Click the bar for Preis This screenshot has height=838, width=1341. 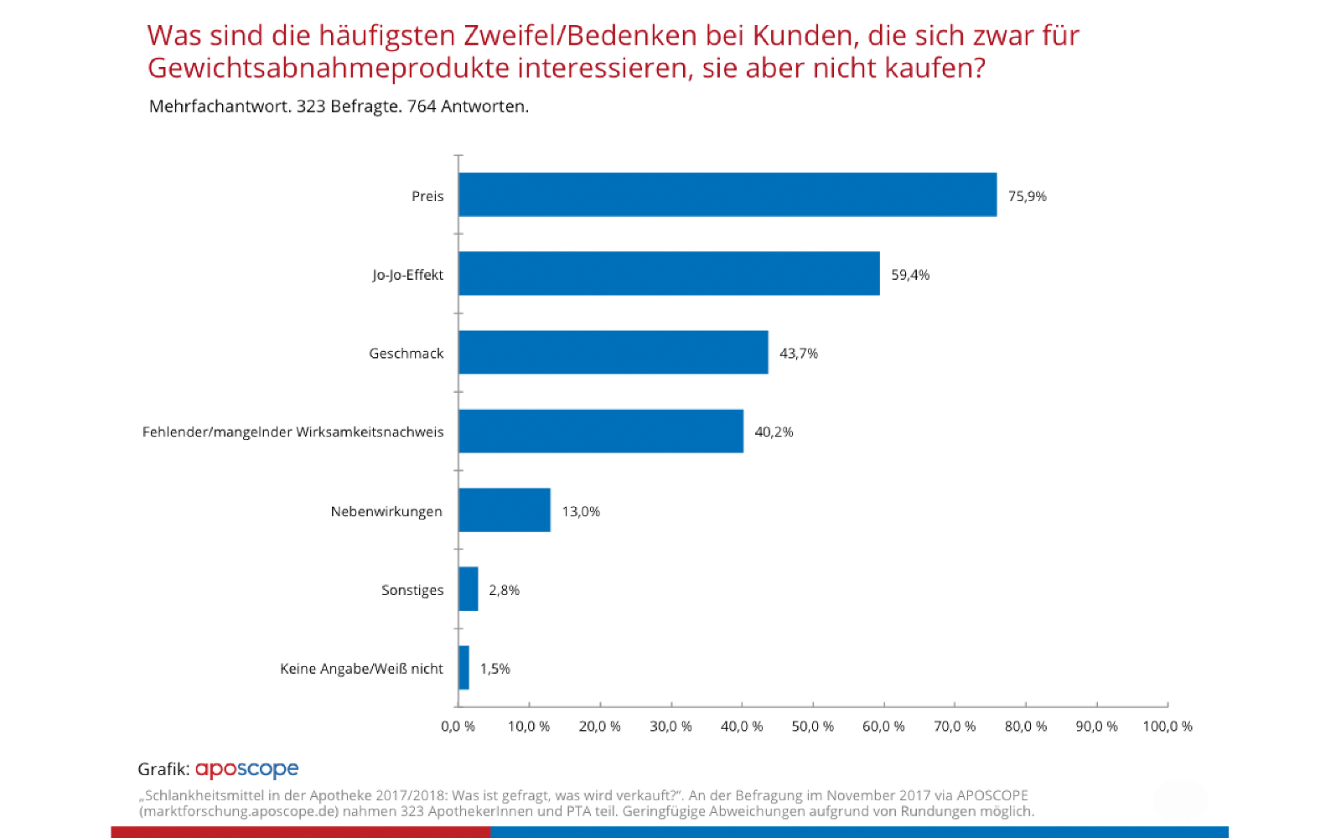click(727, 194)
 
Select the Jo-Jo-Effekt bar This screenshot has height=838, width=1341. click(669, 273)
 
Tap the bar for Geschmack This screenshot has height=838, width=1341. click(614, 352)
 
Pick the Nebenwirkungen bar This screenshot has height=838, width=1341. click(505, 510)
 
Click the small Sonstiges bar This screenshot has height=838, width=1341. click(469, 588)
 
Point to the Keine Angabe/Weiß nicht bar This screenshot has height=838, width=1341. click(464, 667)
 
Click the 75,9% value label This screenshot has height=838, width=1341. click(1027, 196)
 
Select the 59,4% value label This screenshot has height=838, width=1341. click(910, 275)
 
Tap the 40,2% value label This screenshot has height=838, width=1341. click(774, 432)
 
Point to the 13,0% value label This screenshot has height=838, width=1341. click(581, 511)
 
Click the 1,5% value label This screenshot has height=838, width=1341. click(494, 669)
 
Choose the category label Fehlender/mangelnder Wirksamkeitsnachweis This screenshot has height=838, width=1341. click(293, 432)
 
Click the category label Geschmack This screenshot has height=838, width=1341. click(406, 354)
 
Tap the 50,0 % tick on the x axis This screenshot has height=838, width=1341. click(813, 726)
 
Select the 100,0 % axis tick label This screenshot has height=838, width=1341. click(1168, 726)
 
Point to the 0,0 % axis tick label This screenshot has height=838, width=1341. click(458, 726)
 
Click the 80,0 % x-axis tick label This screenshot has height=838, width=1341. click(1026, 726)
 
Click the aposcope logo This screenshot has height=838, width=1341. click(246, 768)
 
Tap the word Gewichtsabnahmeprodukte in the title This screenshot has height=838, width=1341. click(329, 68)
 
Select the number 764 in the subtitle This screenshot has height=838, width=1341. click(422, 106)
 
